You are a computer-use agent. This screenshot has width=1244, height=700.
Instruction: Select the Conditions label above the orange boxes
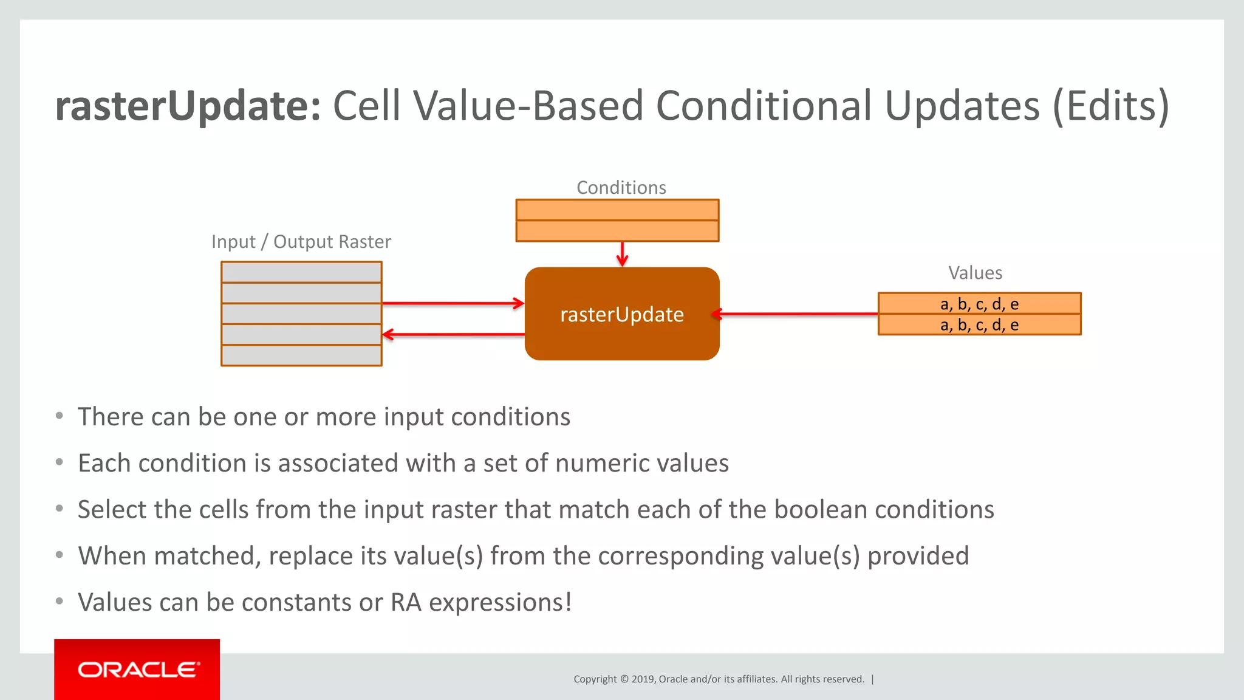621,188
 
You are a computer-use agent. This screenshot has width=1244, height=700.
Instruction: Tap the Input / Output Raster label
301,242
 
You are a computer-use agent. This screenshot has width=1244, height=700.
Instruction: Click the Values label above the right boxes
975,273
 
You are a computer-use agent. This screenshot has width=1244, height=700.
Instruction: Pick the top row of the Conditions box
617,210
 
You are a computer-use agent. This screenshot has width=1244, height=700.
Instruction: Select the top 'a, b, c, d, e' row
979,303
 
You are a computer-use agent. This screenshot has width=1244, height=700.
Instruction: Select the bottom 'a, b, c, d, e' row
979,325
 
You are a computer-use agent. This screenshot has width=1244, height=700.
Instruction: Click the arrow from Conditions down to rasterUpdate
622,253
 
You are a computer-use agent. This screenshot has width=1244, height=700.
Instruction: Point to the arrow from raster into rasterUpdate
453,303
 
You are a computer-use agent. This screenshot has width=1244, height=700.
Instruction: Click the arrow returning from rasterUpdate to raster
453,334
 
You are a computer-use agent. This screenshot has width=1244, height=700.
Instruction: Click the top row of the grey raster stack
301,272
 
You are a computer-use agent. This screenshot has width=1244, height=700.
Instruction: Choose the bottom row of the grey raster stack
301,355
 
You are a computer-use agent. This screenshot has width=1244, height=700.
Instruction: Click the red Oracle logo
137,670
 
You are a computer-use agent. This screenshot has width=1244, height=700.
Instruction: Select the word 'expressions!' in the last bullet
500,603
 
